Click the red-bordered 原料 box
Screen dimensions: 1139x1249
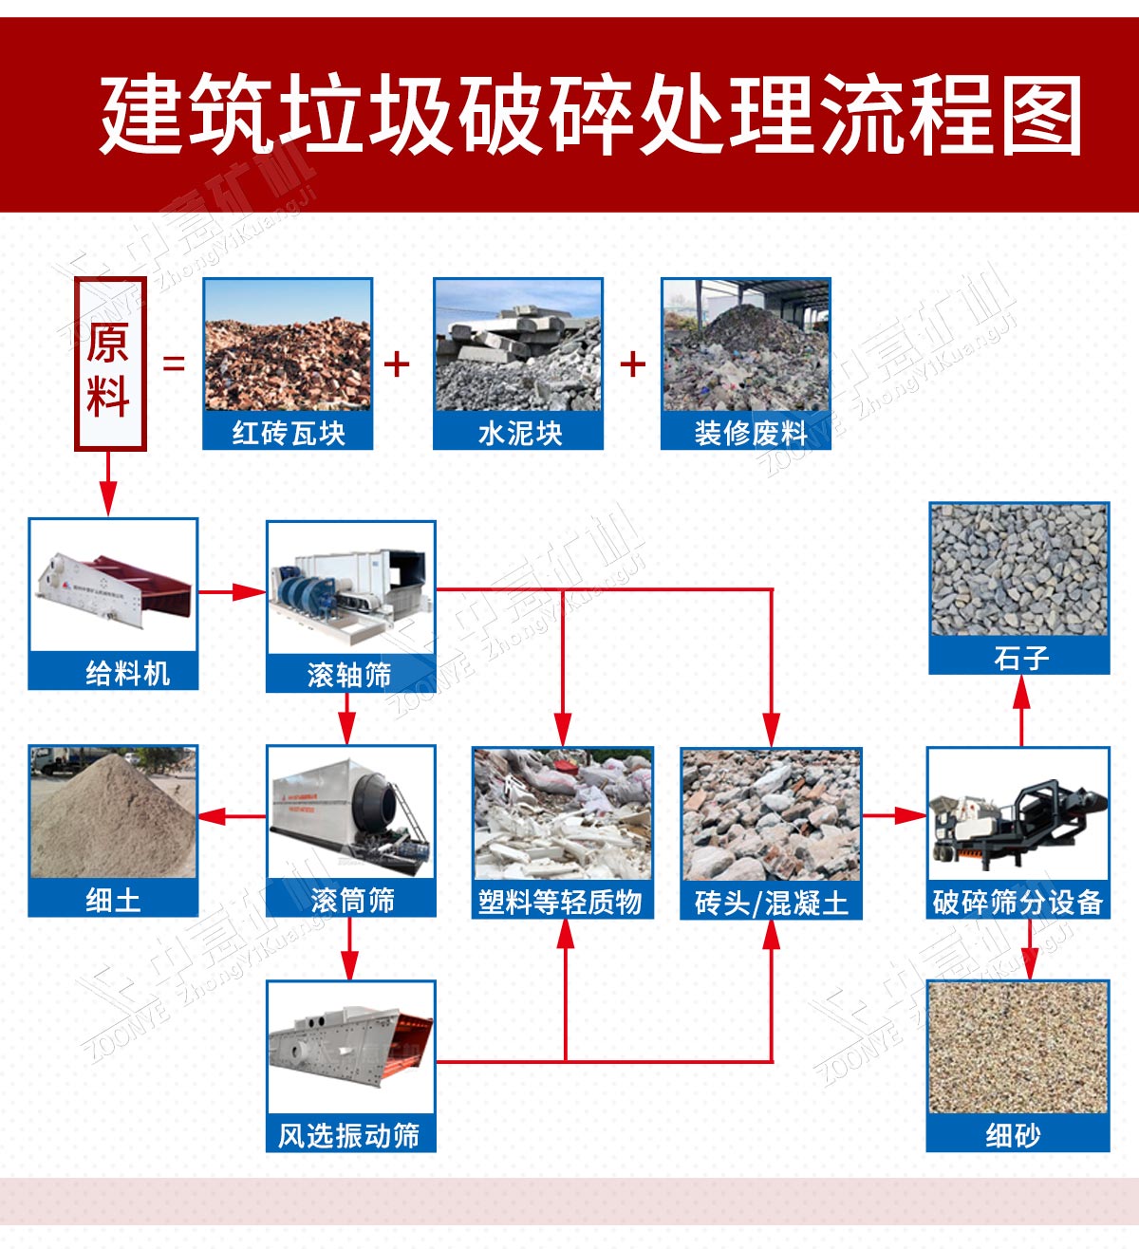pos(110,364)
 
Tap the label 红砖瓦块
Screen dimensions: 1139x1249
pos(289,433)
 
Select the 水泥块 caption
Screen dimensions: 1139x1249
pos(520,433)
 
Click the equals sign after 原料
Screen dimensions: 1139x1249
pos(174,363)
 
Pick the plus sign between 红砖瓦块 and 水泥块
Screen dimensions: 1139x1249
pos(397,364)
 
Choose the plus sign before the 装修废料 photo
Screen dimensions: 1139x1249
pos(633,364)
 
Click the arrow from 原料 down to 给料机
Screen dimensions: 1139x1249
pos(108,484)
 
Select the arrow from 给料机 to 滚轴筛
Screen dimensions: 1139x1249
pos(232,592)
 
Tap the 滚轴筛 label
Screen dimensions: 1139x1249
pos(349,675)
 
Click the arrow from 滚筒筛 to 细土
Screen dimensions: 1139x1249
pos(232,816)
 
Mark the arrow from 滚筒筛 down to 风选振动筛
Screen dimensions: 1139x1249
pos(350,948)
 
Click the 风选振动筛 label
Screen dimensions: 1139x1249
pos(349,1135)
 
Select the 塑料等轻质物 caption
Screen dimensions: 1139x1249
pos(560,902)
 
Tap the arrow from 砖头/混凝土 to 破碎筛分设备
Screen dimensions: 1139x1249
pos(894,815)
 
